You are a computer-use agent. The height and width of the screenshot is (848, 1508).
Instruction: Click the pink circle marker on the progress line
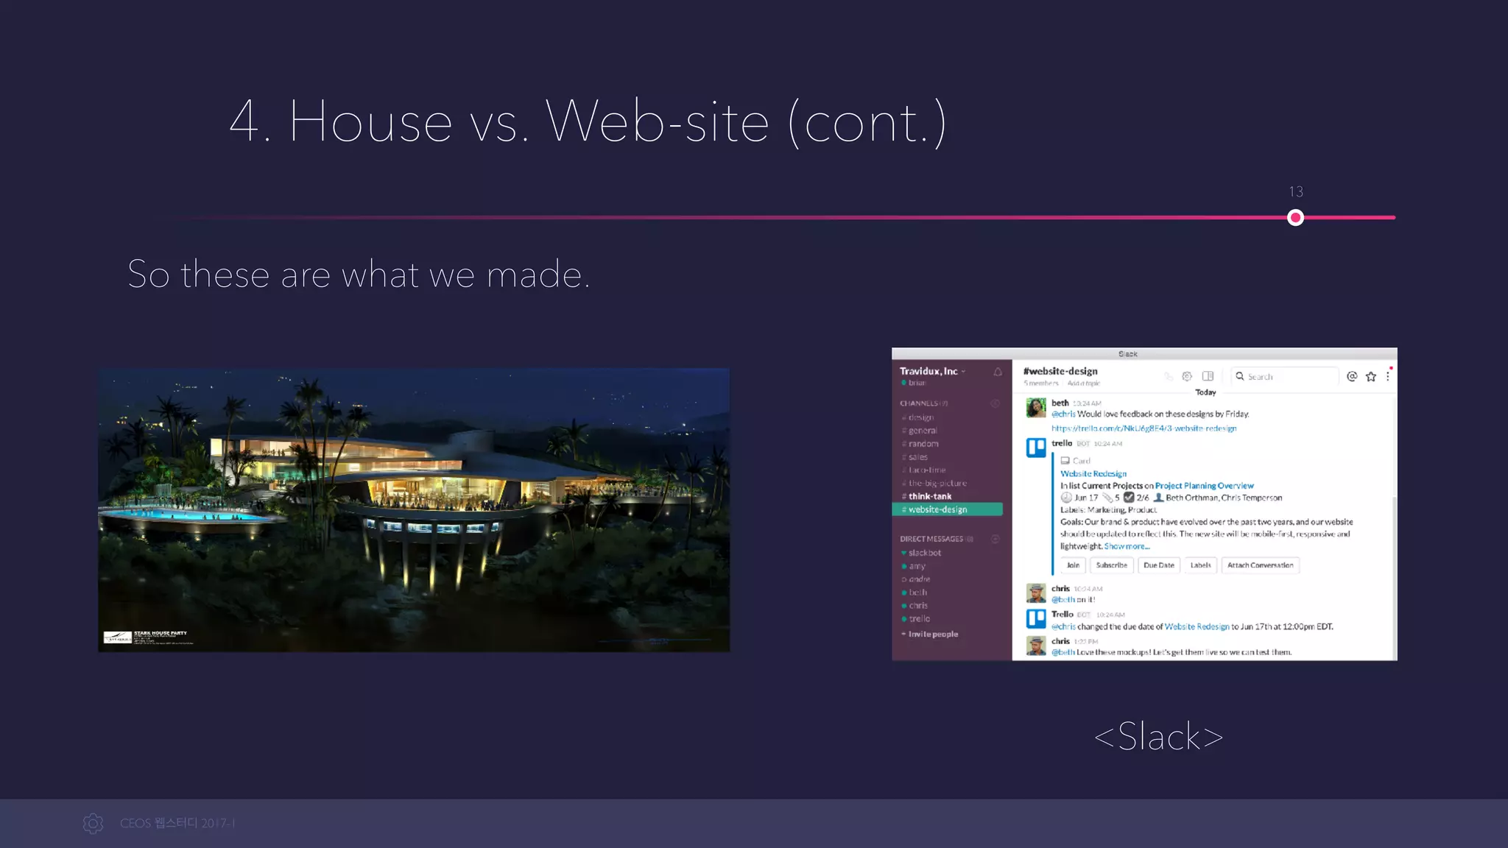pos(1295,218)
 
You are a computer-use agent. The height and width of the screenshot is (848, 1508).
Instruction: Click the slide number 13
pos(1296,192)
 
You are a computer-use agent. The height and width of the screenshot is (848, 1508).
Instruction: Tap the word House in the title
pos(370,121)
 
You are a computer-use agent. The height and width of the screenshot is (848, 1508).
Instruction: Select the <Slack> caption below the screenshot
pos(1158,737)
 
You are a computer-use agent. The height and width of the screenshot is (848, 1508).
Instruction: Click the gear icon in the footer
pos(94,823)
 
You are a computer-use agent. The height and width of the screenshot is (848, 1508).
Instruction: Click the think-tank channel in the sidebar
pos(930,496)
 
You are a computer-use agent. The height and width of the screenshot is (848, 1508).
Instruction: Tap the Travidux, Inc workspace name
pos(929,371)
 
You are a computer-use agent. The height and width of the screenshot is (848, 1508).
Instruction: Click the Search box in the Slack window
pos(1285,377)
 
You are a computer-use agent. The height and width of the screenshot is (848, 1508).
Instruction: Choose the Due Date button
pos(1158,565)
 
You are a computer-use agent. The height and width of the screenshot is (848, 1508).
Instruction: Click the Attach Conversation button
pos(1260,565)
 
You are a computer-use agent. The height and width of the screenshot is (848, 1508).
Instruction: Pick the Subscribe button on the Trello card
pos(1111,565)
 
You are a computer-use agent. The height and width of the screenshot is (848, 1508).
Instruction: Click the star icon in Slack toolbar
pos(1370,377)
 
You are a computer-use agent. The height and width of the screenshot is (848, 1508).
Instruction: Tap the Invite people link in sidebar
pos(932,634)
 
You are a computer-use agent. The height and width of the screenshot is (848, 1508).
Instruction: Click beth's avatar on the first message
pos(1036,408)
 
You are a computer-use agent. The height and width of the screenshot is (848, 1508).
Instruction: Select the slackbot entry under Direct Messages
pos(924,553)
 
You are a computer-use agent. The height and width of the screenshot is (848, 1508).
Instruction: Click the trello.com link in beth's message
pos(1144,428)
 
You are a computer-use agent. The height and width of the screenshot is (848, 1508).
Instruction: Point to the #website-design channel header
pos(1060,371)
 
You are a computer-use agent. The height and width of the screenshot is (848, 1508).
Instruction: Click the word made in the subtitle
pos(535,275)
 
